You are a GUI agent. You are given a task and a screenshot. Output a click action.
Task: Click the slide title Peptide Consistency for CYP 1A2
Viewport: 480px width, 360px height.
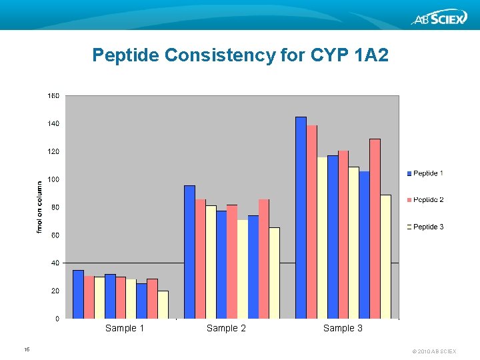tap(240, 55)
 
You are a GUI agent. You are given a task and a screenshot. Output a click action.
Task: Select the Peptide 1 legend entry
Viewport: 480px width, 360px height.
tap(427, 173)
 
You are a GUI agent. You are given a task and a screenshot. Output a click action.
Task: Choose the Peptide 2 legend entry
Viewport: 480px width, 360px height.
tap(427, 200)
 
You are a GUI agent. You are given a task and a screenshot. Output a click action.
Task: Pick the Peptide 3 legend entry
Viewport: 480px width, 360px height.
tap(427, 227)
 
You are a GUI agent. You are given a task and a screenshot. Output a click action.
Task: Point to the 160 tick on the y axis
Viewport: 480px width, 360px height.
tap(53, 96)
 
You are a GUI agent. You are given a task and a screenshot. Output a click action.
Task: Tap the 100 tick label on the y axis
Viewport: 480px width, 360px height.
tap(53, 180)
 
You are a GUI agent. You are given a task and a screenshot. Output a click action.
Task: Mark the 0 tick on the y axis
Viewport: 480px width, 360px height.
tap(56, 319)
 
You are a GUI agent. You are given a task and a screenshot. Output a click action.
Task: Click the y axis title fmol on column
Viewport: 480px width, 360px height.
tap(39, 207)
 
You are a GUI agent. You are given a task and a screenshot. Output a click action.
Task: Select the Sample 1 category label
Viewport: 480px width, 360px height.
tap(125, 328)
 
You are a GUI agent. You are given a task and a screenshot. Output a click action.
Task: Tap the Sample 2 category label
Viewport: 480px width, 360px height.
tap(226, 328)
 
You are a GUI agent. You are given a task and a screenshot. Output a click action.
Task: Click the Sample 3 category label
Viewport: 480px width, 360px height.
tap(343, 328)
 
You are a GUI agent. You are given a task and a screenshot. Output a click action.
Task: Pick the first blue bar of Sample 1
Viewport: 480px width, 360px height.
tap(78, 294)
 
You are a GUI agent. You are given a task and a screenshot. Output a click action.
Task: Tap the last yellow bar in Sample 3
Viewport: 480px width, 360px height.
tap(385, 257)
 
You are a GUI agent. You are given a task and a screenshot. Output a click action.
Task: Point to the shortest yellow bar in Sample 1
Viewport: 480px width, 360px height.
tap(163, 305)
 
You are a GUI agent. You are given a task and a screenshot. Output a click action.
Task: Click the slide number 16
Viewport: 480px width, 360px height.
tap(27, 349)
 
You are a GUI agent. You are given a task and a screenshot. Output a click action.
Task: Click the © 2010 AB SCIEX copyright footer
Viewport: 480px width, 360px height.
tap(434, 351)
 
